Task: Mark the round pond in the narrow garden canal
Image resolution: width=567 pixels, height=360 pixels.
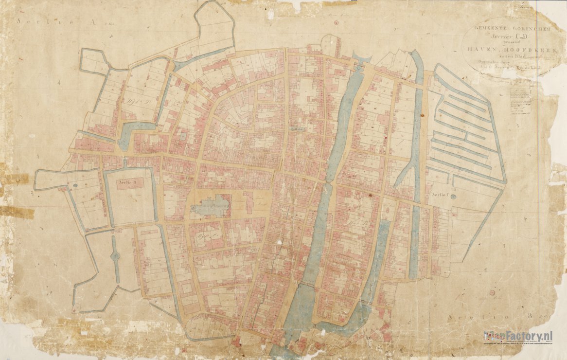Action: [115, 255]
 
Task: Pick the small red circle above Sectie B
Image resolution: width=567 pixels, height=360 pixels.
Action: [492, 293]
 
